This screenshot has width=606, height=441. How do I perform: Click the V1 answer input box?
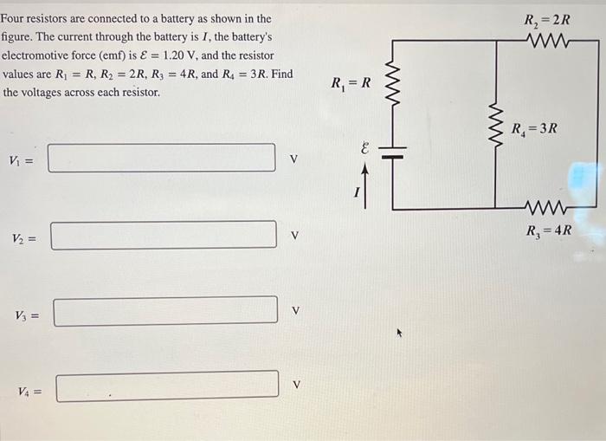[162, 158]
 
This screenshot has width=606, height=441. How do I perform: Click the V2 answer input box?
[164, 235]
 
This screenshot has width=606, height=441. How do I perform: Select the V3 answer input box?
[165, 311]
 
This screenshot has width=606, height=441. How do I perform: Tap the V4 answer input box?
[168, 386]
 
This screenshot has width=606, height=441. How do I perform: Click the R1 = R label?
[351, 83]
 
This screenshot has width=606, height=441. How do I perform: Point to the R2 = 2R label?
[547, 20]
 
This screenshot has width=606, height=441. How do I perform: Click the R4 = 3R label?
[534, 129]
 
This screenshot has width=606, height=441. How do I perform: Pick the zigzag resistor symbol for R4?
[495, 125]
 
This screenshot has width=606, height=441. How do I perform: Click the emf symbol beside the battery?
[364, 150]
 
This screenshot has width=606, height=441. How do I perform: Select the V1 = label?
[22, 159]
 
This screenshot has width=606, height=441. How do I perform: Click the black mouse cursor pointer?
[400, 331]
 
